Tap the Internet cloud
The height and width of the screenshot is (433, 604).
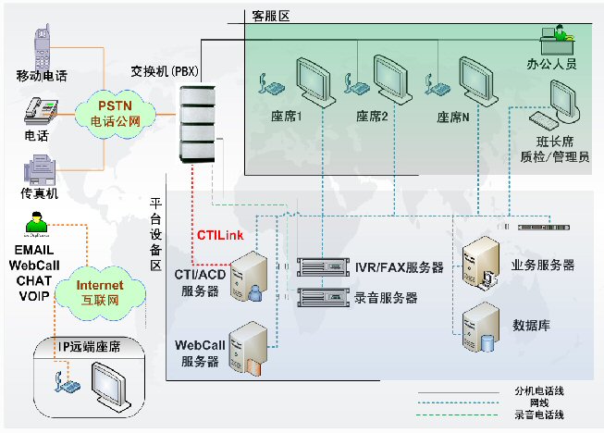99,292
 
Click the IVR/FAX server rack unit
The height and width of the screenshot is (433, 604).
321,267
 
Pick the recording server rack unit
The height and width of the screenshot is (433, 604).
321,297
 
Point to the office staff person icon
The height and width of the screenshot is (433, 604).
555,38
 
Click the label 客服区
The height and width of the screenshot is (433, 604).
272,17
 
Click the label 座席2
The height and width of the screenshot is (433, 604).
372,117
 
